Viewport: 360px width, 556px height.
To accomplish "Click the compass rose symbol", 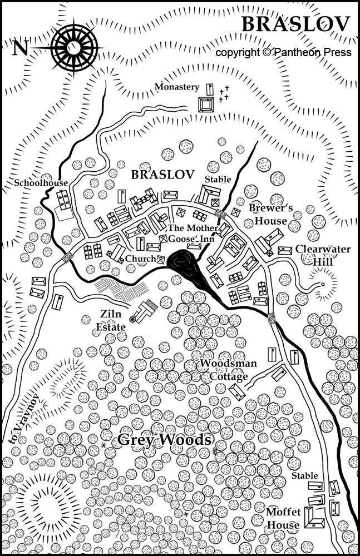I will [x=74, y=47].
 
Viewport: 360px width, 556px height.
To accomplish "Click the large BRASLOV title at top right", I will [x=295, y=24].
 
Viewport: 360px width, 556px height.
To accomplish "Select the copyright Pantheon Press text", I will [x=283, y=52].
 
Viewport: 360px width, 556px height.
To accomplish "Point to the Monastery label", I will [x=176, y=87].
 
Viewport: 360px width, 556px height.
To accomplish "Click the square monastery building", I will [x=206, y=105].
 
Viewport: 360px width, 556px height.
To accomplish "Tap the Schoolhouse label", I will [x=42, y=183].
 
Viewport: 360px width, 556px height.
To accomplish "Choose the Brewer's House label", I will [x=268, y=214].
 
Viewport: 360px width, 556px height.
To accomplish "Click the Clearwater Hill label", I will [x=323, y=255].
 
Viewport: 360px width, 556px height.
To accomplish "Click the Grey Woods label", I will [x=165, y=440].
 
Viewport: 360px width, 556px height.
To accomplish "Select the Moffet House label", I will [x=283, y=518].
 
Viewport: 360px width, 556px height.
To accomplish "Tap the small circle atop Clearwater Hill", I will [x=322, y=285].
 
